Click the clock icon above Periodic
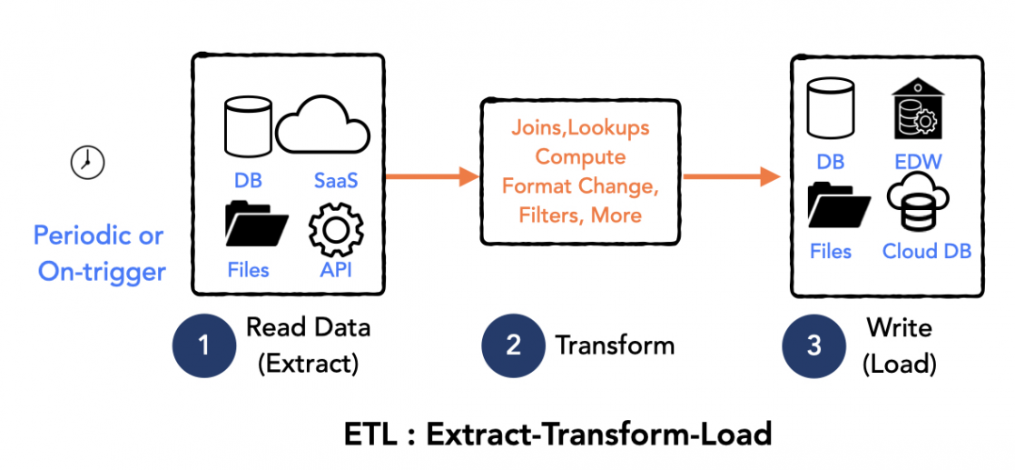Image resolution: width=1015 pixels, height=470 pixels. pos(88,162)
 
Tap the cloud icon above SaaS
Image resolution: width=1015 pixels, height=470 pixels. pos(323,127)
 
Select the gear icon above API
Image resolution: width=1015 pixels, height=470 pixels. pos(336,230)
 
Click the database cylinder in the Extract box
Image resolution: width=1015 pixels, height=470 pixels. pos(248,127)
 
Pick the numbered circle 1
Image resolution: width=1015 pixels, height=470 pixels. pos(203,345)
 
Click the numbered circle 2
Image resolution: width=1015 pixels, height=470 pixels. pos(513,345)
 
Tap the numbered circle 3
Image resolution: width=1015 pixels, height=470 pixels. pos(813,345)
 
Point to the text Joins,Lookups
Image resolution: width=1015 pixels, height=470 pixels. pos(581,127)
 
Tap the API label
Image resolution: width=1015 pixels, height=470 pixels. pos(335,270)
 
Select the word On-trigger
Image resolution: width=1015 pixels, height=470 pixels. pos(102,272)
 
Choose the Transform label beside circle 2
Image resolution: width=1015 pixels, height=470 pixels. pos(615,345)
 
